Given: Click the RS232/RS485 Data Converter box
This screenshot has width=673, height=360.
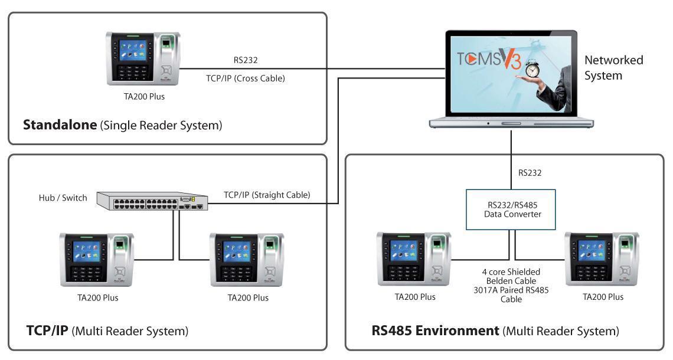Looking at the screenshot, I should point(511,210).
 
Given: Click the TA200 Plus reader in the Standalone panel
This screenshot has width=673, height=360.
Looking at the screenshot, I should point(143,58).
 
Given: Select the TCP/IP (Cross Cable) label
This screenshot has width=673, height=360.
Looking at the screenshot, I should point(245,77).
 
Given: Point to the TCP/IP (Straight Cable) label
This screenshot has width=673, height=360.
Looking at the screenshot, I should point(267,195).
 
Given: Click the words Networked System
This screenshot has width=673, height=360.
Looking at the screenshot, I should point(613,67).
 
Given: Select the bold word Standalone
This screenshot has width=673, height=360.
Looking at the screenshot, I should point(60,125).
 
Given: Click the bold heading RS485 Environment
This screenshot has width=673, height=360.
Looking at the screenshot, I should point(435,330).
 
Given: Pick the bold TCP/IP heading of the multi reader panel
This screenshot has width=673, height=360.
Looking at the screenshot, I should point(47,330).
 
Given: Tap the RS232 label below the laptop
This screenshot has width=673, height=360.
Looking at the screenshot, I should point(530,173).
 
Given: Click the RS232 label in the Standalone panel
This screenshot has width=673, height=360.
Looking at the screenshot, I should point(246,60).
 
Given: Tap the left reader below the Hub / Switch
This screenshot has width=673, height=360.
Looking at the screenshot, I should point(97,260).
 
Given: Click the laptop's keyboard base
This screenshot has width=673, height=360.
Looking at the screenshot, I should point(511,123).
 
